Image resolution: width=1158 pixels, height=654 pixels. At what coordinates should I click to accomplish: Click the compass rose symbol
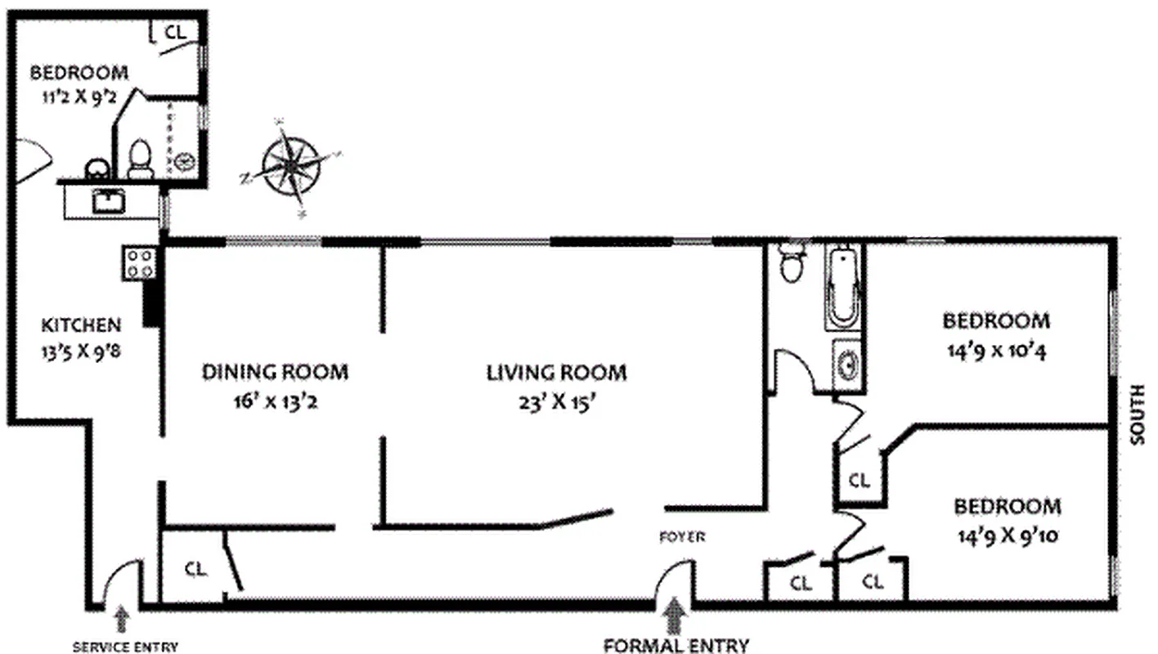point(292,167)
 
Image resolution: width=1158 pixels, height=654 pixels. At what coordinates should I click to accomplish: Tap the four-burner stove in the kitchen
point(140,263)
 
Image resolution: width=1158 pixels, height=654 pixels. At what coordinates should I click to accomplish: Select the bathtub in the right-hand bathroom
point(844,287)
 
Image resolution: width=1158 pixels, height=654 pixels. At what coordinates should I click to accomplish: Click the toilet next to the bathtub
point(792,262)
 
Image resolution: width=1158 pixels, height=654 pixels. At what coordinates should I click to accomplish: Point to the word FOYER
point(682,537)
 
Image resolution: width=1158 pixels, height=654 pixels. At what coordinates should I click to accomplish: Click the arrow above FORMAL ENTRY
point(675,616)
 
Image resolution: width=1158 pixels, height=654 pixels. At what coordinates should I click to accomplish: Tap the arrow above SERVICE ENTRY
point(122,618)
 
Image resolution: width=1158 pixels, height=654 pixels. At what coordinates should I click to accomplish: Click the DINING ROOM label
point(275,373)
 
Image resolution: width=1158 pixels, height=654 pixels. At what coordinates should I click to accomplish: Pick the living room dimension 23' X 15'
point(557,403)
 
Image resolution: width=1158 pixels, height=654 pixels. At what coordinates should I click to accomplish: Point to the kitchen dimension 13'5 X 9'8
point(81,354)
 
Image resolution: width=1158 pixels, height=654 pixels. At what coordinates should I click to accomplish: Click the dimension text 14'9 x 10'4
point(995,352)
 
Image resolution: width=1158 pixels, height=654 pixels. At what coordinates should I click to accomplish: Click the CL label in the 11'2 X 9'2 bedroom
point(176,32)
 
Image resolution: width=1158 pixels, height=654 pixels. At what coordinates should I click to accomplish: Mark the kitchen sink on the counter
point(108,200)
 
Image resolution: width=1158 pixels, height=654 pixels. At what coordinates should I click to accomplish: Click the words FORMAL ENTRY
point(676,645)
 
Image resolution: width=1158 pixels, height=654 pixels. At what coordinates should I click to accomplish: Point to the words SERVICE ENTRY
point(125,647)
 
